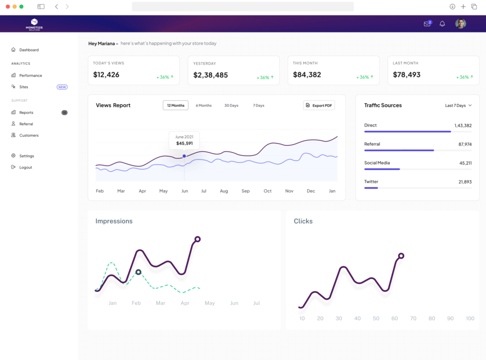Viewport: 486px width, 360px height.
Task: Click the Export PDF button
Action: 319,105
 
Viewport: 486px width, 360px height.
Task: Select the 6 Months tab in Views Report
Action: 204,105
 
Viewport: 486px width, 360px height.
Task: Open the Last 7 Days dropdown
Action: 458,105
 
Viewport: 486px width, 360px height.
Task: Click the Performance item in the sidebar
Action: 30,76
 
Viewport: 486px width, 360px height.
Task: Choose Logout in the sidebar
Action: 26,167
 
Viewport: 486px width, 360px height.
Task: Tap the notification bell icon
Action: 442,24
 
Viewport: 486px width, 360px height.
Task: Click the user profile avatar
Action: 460,24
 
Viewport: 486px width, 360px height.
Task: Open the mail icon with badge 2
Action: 427,24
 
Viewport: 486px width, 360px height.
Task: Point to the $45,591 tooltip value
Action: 184,143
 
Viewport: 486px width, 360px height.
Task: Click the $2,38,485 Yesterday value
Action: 210,75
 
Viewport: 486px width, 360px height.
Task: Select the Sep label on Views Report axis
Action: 245,191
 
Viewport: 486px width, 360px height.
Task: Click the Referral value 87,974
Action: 465,144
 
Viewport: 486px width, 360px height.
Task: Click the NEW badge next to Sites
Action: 62,87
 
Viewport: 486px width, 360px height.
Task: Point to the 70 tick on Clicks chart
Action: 413,319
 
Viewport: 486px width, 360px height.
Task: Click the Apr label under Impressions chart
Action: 185,303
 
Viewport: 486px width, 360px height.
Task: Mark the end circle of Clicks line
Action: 401,256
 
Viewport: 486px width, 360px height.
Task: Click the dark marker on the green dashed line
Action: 138,272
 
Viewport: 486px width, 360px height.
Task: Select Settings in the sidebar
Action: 27,156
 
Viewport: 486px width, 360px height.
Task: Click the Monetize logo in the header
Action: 34,24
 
